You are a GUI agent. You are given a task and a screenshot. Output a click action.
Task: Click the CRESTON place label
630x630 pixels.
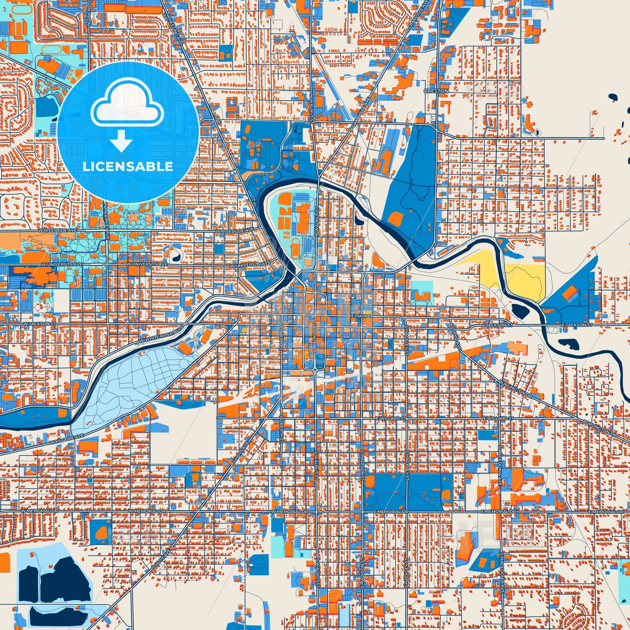pyautogui.click(x=436, y=91)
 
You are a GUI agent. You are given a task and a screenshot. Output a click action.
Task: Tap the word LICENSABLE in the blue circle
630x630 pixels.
pyautogui.click(x=128, y=167)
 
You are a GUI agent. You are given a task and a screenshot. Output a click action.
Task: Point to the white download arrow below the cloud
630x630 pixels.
pyautogui.click(x=121, y=140)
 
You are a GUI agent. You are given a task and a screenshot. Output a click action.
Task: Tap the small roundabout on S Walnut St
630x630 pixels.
pyautogui.click(x=315, y=370)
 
